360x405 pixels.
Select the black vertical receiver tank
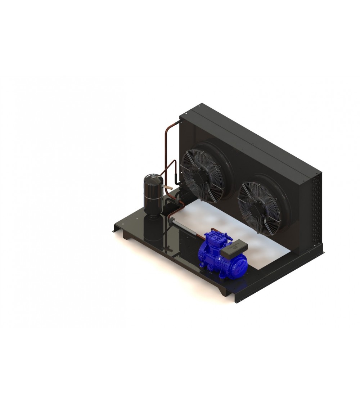pos(153,194)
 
